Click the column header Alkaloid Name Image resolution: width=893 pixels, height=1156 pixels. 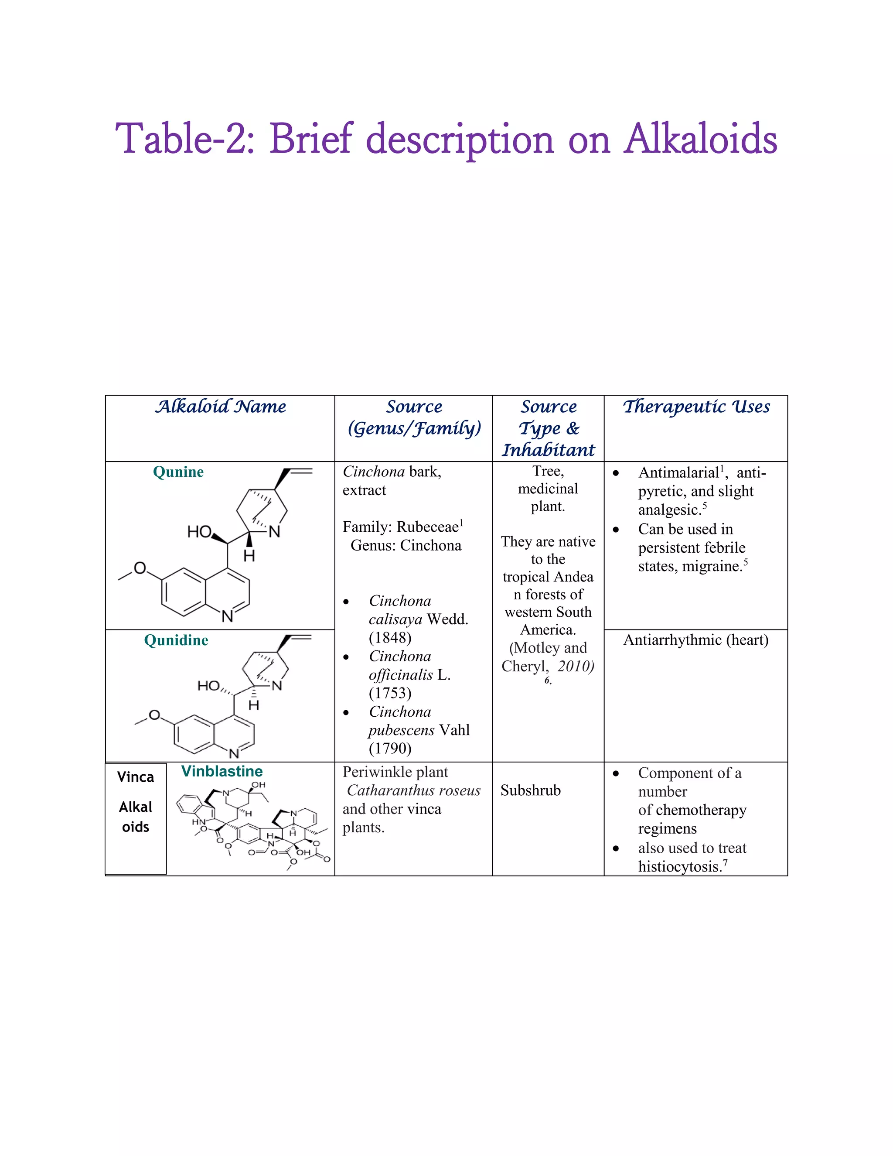coord(220,407)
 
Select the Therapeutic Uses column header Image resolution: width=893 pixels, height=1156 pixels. coord(695,407)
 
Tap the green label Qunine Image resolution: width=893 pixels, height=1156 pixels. coord(178,472)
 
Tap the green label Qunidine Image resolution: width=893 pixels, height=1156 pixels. coord(176,640)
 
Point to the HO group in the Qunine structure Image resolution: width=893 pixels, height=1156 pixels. coord(199,531)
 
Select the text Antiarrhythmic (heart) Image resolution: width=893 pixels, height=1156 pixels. coord(695,640)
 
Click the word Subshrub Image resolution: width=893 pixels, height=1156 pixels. coord(530,790)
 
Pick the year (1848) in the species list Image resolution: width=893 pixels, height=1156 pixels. coord(390,637)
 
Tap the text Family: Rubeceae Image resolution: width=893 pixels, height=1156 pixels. coord(400,527)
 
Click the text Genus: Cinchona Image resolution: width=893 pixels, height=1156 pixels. coord(406,545)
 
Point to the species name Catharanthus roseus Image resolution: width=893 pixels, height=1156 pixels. coord(414,790)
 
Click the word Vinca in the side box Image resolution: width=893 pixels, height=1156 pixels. coord(136,777)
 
